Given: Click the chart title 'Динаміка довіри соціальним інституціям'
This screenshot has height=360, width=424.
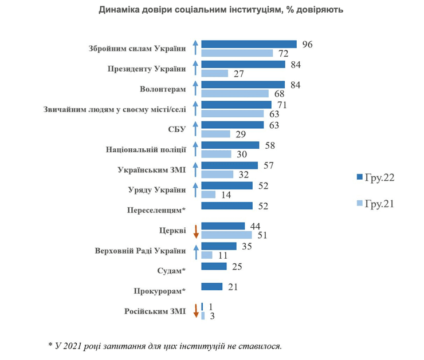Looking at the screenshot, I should click(x=213, y=10).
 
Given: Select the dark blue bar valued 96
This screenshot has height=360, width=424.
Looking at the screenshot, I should click(x=249, y=45).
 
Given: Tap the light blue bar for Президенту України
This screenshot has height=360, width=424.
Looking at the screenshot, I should click(x=215, y=73).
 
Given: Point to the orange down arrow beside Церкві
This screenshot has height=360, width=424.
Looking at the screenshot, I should click(x=195, y=231).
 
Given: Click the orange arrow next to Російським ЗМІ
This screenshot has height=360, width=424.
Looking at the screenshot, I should click(x=195, y=311).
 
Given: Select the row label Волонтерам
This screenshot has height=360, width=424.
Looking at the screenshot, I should click(x=163, y=89).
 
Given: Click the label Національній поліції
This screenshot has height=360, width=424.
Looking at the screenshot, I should click(x=147, y=150).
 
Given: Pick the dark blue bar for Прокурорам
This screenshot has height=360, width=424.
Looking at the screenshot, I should click(x=212, y=287).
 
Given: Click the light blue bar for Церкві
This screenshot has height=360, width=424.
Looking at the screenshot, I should click(x=227, y=235).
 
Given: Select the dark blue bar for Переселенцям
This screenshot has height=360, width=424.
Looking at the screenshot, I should click(x=227, y=206).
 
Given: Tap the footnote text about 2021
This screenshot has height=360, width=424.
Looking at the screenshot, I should click(x=166, y=345).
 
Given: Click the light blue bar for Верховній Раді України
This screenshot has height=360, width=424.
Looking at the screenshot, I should click(x=207, y=255).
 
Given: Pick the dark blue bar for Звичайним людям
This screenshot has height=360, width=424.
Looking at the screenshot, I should click(x=236, y=105).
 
